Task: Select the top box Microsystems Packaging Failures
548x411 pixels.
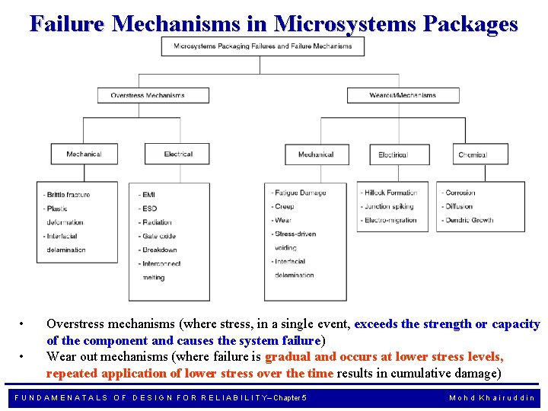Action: [263, 46]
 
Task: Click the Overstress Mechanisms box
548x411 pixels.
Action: [148, 95]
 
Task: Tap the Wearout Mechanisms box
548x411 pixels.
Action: [403, 95]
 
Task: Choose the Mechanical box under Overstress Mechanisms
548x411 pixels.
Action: [84, 154]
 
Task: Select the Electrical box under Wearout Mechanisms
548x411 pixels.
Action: [393, 155]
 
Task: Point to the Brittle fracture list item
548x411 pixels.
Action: [68, 195]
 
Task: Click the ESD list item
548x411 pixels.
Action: [149, 208]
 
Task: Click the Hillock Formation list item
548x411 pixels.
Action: [391, 193]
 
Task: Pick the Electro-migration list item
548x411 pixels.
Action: [390, 221]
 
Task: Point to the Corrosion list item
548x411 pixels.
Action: [459, 193]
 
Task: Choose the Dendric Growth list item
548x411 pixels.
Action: [469, 221]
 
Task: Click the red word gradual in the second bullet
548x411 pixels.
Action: [288, 356]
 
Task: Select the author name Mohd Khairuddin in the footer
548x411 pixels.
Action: [492, 397]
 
